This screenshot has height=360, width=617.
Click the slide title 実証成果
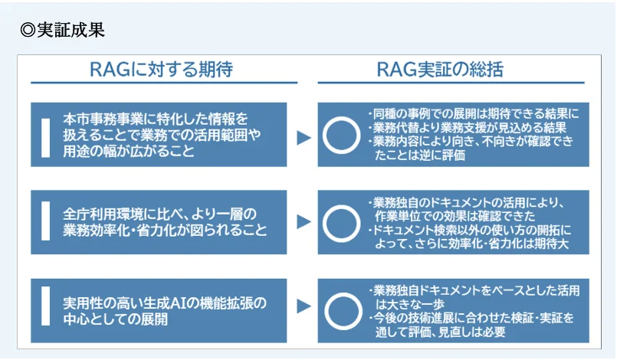pos(71,31)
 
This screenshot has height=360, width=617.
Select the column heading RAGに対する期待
pos(161,70)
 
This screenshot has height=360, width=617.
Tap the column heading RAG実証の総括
pos(440,70)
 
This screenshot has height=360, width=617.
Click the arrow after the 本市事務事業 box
pos(304,138)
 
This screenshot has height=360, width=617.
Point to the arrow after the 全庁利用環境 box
pos(304,221)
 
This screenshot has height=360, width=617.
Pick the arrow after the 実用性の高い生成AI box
pos(304,306)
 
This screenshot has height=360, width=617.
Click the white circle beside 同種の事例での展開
pos(342,118)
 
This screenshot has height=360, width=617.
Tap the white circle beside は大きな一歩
pos(343,294)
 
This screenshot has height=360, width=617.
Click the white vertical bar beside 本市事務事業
pos(46,138)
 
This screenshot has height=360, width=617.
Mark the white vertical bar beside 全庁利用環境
pos(46,221)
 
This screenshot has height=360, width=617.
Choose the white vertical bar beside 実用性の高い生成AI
pos(46,306)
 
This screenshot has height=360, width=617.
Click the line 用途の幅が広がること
pos(129,151)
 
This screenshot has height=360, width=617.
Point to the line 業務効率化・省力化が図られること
pos(165,230)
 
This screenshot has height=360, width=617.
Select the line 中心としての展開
pos(115,319)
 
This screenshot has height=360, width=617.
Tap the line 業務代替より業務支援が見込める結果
pos(468,127)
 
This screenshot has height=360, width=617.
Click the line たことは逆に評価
pos(420,155)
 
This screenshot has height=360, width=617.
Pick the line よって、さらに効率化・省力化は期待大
pos(472,244)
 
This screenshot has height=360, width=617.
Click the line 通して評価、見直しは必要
pos(440,332)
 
